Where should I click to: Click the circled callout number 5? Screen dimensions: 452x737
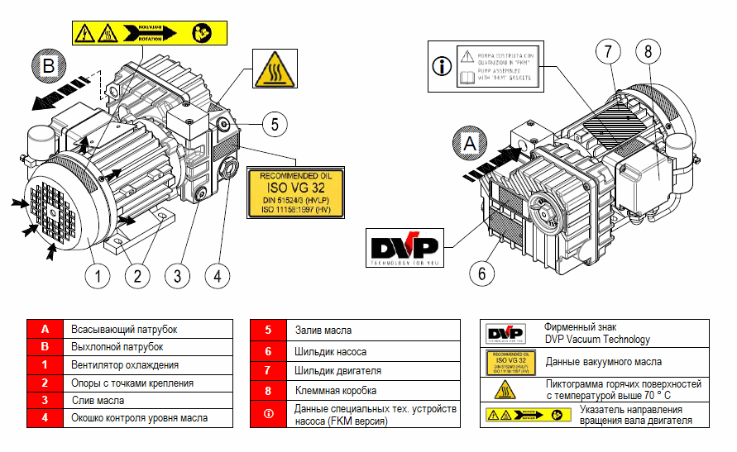click(275, 125)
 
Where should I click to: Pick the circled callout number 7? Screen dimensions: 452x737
click(608, 51)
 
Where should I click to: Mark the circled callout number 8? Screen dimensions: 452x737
click(648, 51)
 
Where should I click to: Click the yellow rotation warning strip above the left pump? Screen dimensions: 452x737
click(148, 33)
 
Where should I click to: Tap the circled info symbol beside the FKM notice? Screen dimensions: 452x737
click(443, 64)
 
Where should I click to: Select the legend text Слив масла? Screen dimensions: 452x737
click(98, 400)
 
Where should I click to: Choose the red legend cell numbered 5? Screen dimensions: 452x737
click(269, 329)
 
